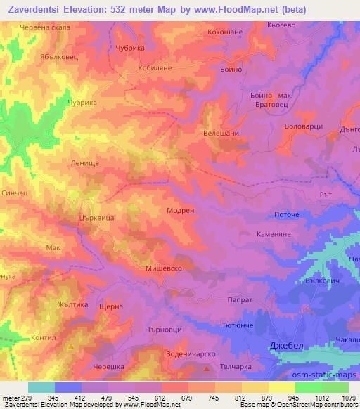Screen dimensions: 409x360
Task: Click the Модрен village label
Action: coord(181,210)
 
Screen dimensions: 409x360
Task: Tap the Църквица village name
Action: coord(96,219)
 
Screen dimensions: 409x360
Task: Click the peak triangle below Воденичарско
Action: coord(206,367)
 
